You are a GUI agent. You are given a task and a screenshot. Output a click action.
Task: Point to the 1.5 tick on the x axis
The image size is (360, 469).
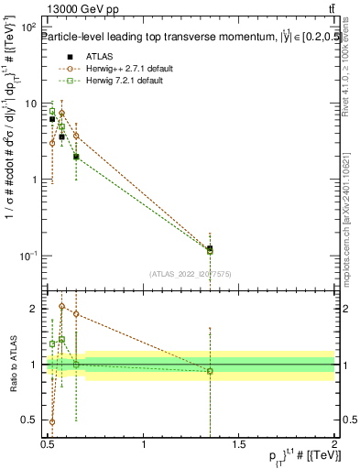pos(238,444)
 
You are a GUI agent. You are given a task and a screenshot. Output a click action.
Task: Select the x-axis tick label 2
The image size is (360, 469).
pos(334,444)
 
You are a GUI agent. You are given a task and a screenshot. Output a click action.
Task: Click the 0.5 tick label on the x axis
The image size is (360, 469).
pos(48,444)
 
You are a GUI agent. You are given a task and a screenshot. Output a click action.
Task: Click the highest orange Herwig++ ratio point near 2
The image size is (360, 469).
pos(61,307)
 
